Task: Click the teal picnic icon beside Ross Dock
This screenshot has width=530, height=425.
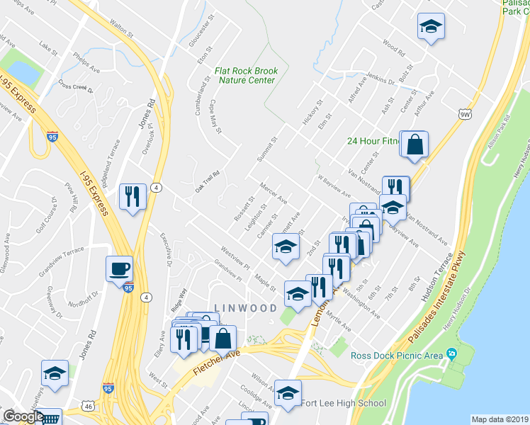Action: coord(451,353)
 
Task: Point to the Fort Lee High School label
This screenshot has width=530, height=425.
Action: coord(344,403)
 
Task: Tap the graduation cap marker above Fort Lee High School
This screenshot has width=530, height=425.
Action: coord(288,392)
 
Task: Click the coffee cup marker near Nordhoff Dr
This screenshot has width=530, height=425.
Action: coord(118,268)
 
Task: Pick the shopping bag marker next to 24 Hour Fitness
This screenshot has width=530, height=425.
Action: coord(416,144)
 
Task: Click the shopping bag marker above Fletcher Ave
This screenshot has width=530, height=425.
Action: coord(223,339)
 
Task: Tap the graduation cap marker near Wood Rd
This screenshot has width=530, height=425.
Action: coord(429,28)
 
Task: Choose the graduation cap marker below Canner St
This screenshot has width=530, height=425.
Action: coord(285,247)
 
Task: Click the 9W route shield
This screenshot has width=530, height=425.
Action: coord(464,113)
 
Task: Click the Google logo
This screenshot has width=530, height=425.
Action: coord(23,416)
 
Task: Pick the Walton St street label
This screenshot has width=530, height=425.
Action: coord(122,29)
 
